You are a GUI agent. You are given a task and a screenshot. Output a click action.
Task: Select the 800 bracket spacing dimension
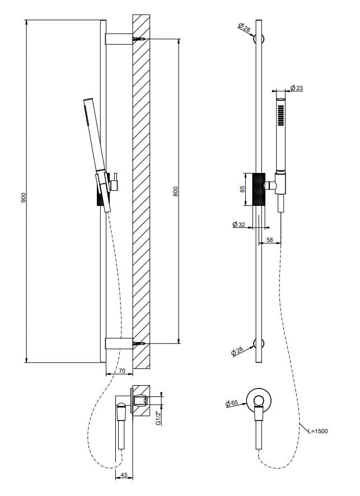coord(175,191)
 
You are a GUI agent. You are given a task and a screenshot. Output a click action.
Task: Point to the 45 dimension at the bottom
coord(124,476)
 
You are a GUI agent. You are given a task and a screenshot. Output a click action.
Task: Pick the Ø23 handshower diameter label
coord(297,88)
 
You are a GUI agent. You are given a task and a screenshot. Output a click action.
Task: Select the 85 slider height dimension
coord(242,189)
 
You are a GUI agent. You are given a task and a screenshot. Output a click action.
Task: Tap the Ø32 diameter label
coord(239,224)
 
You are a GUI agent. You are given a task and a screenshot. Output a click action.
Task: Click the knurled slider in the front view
coord(258,189)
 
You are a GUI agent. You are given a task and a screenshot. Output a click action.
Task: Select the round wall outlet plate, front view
coord(258,400)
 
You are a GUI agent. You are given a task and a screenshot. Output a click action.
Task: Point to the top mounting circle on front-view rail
coord(259,39)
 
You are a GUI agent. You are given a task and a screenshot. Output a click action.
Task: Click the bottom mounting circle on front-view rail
coord(259,343)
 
